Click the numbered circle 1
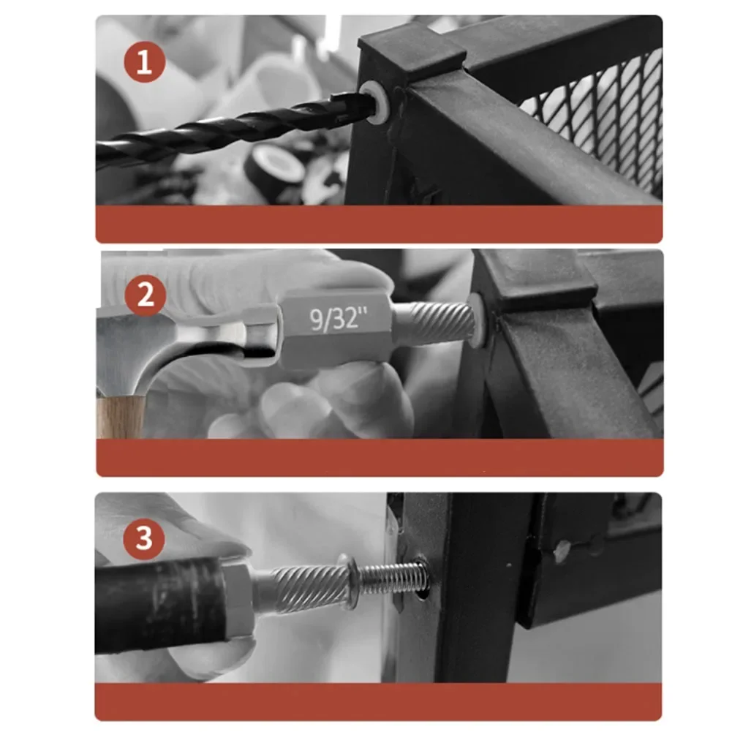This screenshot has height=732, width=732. tap(144, 62)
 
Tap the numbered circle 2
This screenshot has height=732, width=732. tap(146, 295)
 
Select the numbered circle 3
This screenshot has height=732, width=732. tap(144, 538)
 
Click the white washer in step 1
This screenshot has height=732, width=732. tap(374, 102)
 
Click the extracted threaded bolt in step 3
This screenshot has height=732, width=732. tap(391, 578)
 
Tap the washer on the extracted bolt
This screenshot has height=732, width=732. tap(350, 581)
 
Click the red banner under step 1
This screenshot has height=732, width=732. tap(379, 224)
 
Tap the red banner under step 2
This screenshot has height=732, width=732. tap(380, 458)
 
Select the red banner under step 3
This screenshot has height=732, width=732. tap(378, 702)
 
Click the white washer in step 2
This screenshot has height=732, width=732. tap(476, 321)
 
